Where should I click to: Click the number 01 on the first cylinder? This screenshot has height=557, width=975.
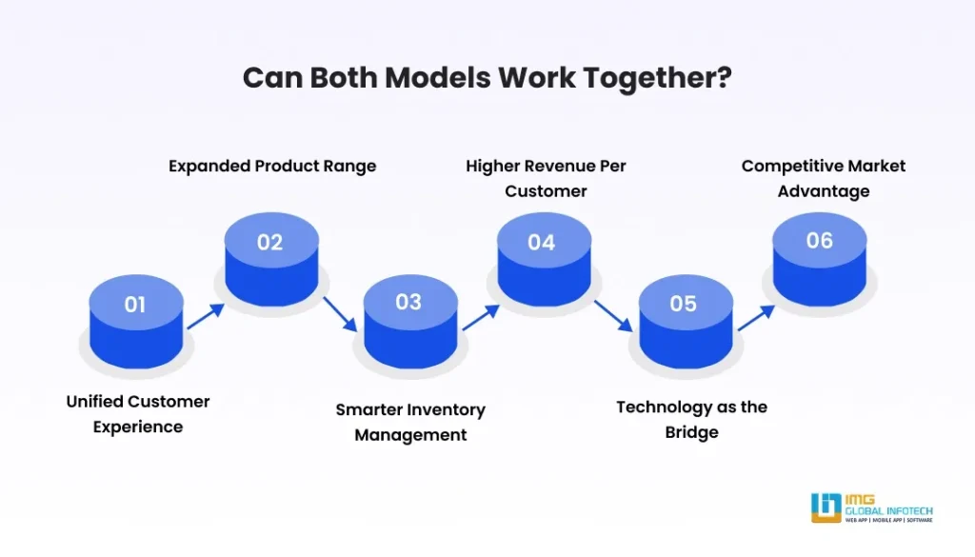[x=135, y=305]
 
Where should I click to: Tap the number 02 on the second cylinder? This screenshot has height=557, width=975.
[x=270, y=243]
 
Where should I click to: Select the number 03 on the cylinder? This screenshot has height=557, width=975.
[x=408, y=302]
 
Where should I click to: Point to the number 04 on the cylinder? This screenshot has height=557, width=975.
[x=541, y=243]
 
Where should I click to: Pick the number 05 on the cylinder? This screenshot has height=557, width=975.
[x=683, y=304]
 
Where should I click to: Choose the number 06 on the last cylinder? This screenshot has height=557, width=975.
[x=820, y=241]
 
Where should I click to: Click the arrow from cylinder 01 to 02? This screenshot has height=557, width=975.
[x=205, y=317]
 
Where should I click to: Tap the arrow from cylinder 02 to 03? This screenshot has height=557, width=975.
[x=339, y=314]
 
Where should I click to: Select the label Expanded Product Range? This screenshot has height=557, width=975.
[x=272, y=166]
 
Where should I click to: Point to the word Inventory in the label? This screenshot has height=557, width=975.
[x=447, y=409]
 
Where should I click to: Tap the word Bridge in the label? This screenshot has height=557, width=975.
[x=692, y=432]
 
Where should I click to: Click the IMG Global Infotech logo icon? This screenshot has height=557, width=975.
[x=825, y=507]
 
